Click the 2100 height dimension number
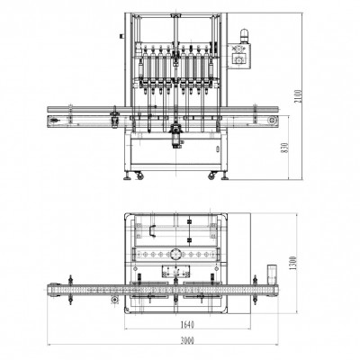pyautogui.click(x=299, y=96)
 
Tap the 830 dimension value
pyautogui.click(x=285, y=148)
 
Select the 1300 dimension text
pyautogui.click(x=293, y=263)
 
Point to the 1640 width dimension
pyautogui.click(x=187, y=324)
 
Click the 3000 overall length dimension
pyautogui.click(x=187, y=340)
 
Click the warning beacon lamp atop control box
pyautogui.click(x=244, y=36)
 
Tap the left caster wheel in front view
pyautogui.click(x=139, y=175)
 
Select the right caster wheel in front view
pyautogui.click(x=212, y=175)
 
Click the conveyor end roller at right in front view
pyautogui.click(x=273, y=121)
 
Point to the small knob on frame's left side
pyautogui.click(x=121, y=36)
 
